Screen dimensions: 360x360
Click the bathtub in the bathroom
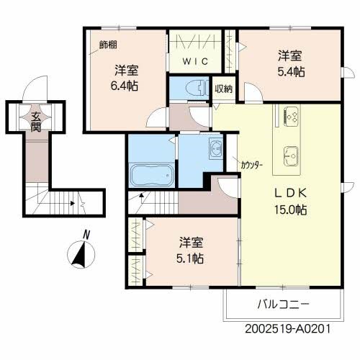[x=151, y=175]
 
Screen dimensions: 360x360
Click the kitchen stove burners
[x=292, y=115]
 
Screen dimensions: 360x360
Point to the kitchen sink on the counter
[x=292, y=153]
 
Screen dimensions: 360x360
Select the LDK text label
[x=289, y=193]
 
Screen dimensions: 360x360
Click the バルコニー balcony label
[x=283, y=305]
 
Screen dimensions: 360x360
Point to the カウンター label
[x=252, y=165]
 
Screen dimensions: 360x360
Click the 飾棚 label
[x=107, y=45]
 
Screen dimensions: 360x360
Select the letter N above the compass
[x=86, y=234]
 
